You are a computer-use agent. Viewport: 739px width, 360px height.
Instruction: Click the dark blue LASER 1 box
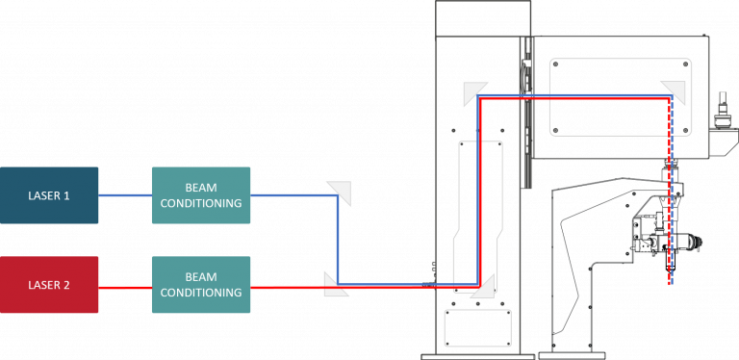point(49,195)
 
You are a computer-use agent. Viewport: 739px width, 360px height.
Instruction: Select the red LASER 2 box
point(49,285)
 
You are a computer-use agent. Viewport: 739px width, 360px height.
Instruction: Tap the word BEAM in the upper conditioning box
point(201,188)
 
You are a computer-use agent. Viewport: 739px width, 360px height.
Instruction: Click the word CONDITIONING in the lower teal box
point(201,293)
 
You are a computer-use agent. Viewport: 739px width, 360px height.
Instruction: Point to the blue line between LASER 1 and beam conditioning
point(125,195)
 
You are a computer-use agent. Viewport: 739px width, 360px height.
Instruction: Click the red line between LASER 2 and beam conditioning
point(125,288)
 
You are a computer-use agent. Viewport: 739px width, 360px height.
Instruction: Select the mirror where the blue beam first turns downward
point(340,193)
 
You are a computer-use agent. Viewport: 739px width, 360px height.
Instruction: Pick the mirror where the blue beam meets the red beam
point(336,284)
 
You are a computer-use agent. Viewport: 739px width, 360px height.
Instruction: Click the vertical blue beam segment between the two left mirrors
point(338,240)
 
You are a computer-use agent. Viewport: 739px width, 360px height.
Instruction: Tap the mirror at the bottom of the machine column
point(482,287)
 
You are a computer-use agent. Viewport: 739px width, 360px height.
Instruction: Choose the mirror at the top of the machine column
point(475,93)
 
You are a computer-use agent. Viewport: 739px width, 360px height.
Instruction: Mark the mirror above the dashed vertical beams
point(674,92)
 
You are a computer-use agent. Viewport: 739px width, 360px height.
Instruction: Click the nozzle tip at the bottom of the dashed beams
point(670,270)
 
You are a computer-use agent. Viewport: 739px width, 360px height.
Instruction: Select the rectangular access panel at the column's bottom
point(478,328)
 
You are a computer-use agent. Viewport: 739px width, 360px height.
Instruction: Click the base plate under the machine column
point(477,357)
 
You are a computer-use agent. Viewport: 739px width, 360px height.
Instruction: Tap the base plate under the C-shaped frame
point(572,357)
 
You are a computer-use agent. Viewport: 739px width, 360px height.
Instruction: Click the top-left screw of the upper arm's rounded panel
point(555,64)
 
